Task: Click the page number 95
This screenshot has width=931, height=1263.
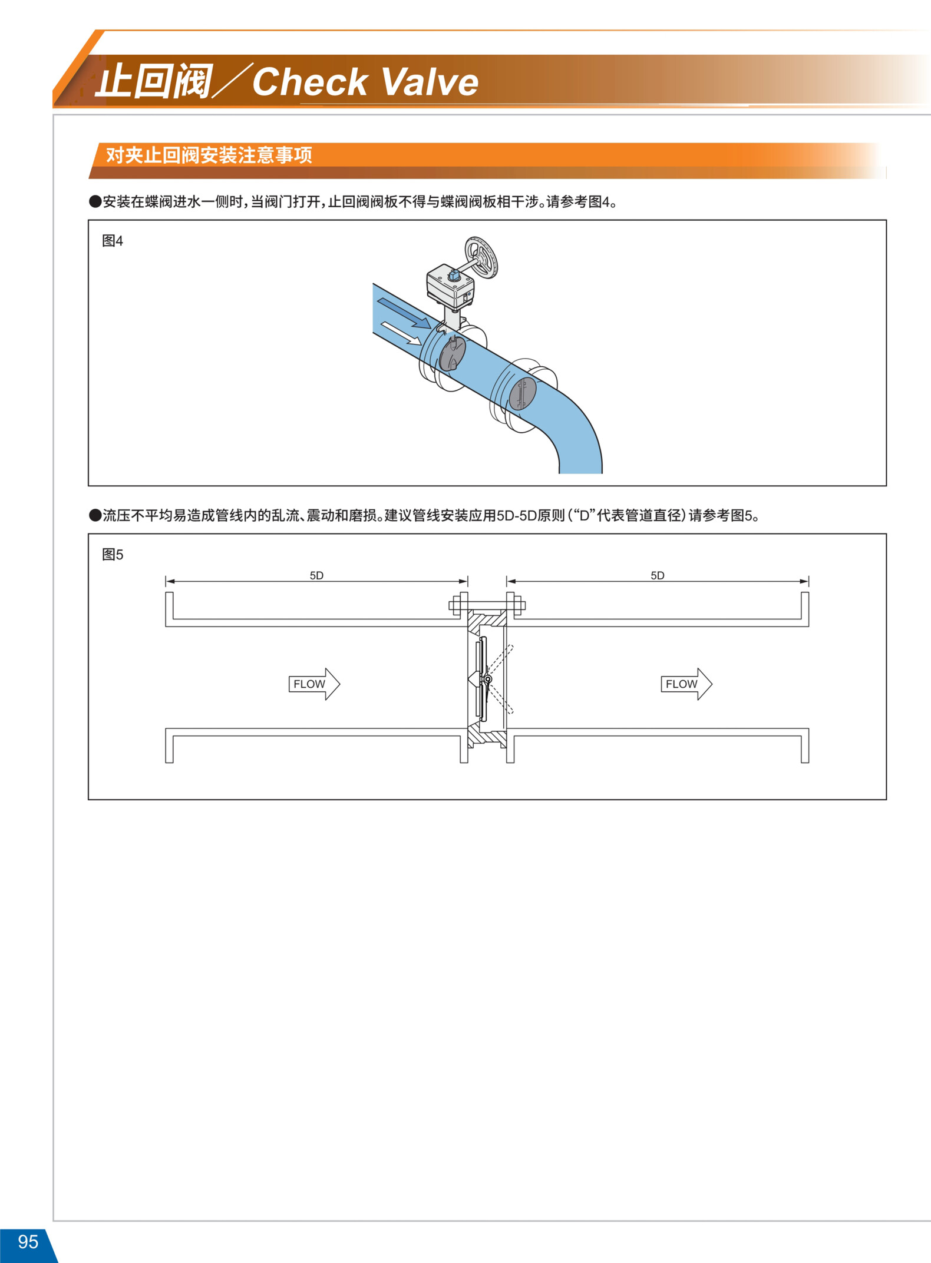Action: coord(28,1241)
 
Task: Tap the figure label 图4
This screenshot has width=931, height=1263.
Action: coord(113,241)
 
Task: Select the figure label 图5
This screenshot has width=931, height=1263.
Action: coord(113,555)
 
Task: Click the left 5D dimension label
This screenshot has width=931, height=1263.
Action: coord(316,575)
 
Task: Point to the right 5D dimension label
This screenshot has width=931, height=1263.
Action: coord(658,575)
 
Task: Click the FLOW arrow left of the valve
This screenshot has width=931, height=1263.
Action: coord(315,684)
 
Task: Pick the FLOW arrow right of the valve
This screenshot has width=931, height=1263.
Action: coord(686,684)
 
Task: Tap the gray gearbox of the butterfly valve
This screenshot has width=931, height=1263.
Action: coord(450,287)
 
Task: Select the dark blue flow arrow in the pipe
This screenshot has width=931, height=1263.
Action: coord(404,313)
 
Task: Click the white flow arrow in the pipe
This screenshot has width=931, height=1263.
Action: coord(401,333)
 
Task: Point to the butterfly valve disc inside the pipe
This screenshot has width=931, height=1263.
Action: coord(453,353)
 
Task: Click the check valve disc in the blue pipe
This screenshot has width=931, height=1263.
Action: coord(523,394)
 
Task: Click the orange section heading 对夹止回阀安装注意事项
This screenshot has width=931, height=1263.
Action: coord(209,155)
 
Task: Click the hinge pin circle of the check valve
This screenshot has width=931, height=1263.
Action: coord(488,679)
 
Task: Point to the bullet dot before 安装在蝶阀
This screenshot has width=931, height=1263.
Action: coord(95,202)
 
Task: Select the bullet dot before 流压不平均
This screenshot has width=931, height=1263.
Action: coord(95,516)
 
